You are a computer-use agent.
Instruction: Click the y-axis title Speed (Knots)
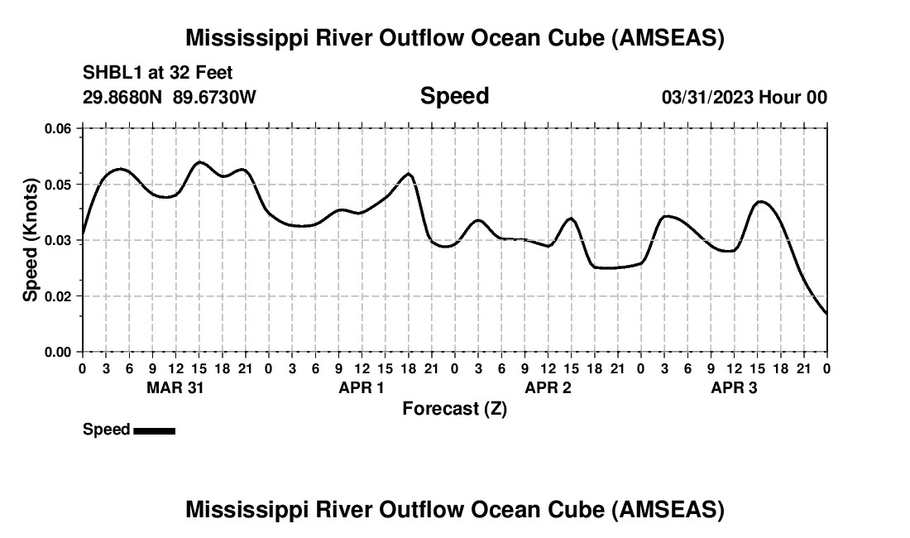pos(31,240)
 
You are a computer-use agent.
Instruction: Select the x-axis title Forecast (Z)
pos(454,409)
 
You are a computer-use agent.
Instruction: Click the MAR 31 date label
pos(175,388)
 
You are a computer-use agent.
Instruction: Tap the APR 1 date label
pos(362,388)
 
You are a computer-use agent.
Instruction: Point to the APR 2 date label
pos(548,388)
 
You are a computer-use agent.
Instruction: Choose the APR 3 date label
pos(734,388)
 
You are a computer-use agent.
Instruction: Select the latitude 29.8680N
pos(124,98)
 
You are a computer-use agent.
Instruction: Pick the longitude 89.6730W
pos(215,98)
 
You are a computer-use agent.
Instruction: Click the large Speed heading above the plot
pos(454,96)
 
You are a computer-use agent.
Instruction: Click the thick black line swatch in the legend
pos(154,430)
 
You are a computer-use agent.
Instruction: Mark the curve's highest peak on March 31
pos(199,162)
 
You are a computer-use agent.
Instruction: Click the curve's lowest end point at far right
pos(826,314)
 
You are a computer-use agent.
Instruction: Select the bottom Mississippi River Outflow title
pos(454,510)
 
